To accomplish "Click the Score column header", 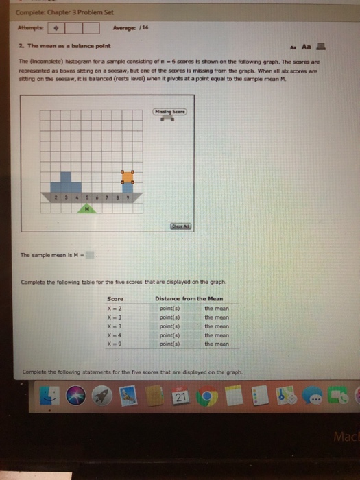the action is pyautogui.click(x=115, y=299).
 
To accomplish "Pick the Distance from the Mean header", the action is pyautogui.click(x=188, y=299).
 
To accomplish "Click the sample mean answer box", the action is pyautogui.click(x=95, y=254).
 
